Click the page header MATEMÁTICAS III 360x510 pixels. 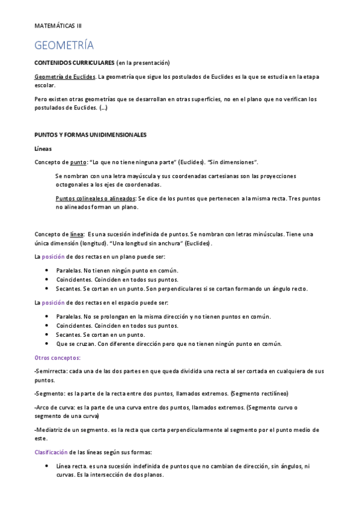pyautogui.click(x=58, y=26)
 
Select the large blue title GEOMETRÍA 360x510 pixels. pyautogui.click(x=64, y=46)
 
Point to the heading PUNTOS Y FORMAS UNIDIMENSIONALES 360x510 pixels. pyautogui.click(x=90, y=135)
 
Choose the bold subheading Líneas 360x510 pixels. pyautogui.click(x=43, y=148)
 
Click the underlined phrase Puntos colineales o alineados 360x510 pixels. pyautogui.click(x=96, y=198)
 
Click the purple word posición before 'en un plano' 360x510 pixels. pyautogui.click(x=53, y=256)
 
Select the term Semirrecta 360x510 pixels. pyautogui.click(x=52, y=371)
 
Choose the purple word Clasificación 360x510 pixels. pyautogui.click(x=50, y=452)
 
